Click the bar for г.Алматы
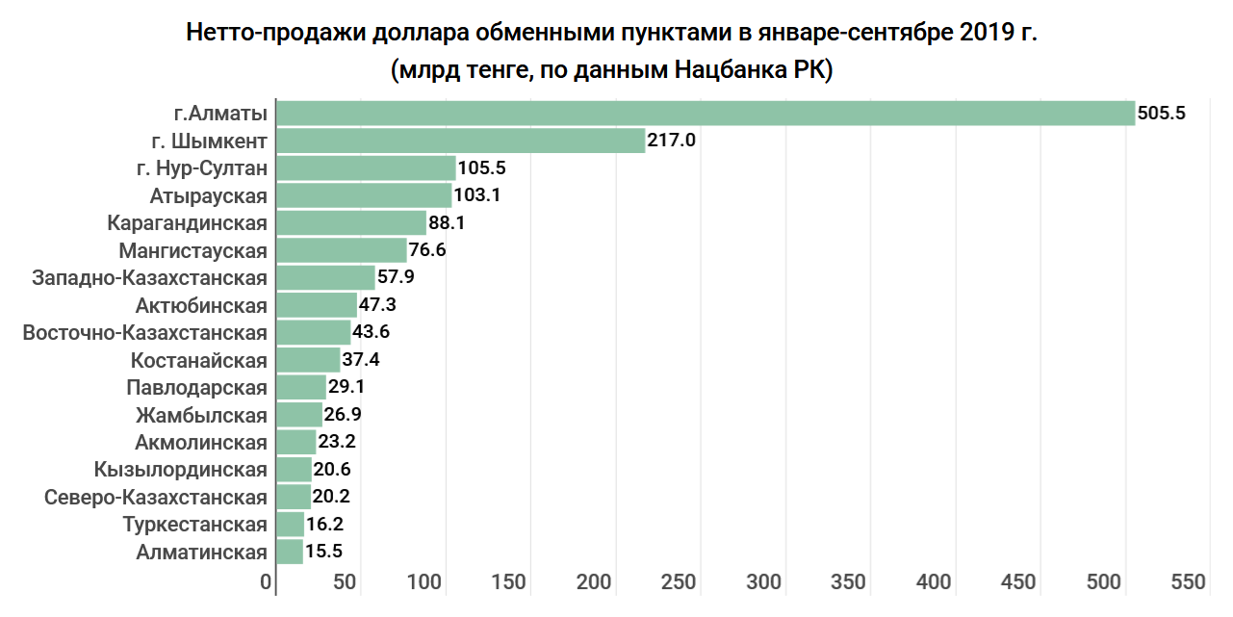(705, 114)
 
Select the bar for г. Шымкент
(460, 141)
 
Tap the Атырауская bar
(364, 195)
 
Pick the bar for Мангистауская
(341, 250)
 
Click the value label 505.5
(1161, 114)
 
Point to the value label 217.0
(671, 141)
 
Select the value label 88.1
(448, 223)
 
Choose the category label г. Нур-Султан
(201, 168)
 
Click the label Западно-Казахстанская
(149, 278)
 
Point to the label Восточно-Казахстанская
(144, 333)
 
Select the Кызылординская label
(181, 470)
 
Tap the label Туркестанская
(195, 525)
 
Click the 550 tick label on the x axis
(1188, 582)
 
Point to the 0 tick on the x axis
(267, 582)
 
